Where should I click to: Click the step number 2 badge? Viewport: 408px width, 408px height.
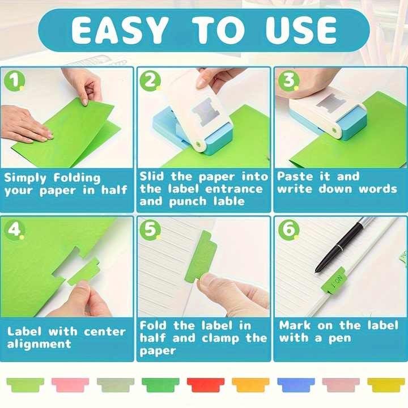150,80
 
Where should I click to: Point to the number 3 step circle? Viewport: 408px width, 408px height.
288,80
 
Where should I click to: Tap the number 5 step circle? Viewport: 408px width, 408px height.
150,229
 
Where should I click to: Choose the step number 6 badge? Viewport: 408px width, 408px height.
288,229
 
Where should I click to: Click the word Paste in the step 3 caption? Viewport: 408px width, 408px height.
294,176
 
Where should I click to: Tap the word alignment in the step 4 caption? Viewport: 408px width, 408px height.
40,344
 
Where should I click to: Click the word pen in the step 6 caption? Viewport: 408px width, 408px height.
339,338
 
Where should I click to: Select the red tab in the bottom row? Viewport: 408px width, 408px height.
206,385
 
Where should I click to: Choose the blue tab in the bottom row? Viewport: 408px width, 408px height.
296,385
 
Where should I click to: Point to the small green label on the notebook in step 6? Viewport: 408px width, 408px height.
334,280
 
